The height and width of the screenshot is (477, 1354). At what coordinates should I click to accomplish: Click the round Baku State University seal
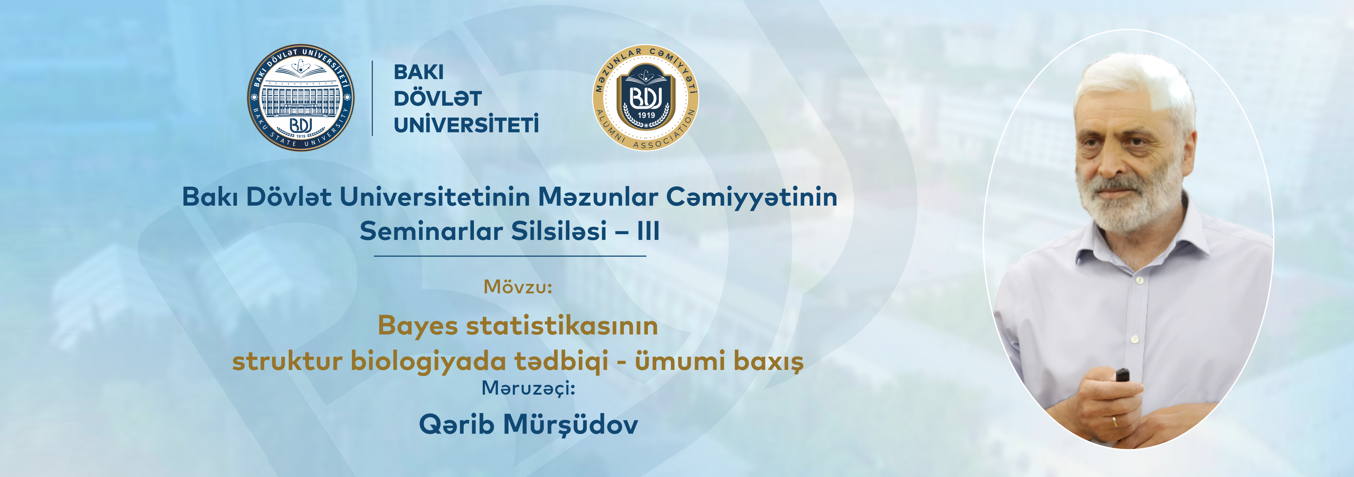301,97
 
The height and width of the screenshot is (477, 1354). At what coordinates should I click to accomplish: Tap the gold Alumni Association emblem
646,97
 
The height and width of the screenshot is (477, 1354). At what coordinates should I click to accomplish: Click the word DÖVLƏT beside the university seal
437,98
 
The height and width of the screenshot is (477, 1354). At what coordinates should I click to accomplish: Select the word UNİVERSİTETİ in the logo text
466,125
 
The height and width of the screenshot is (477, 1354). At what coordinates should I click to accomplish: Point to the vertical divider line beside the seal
372,98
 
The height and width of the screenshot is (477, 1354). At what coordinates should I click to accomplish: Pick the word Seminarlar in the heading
431,230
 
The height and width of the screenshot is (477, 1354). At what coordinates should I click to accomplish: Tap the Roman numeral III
648,230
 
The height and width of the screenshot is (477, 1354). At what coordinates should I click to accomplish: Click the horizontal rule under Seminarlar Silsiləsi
510,256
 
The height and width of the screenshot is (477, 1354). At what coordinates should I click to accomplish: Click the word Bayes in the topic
418,326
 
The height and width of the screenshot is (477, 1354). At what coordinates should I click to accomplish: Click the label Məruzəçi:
528,388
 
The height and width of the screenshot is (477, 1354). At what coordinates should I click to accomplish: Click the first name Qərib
456,424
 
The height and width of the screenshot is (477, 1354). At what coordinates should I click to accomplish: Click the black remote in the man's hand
1122,375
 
